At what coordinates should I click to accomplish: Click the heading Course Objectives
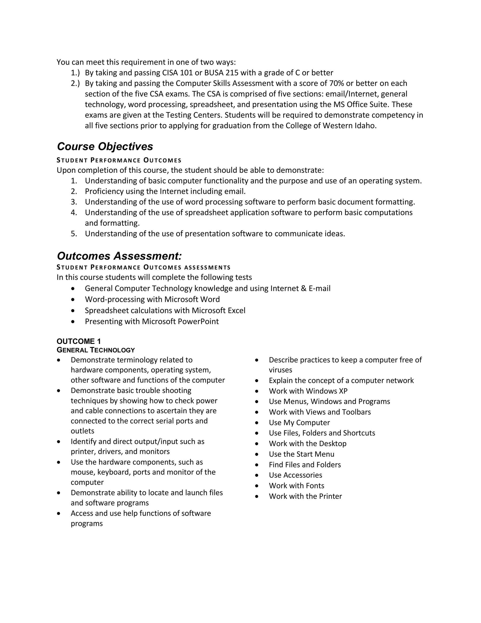point(105,147)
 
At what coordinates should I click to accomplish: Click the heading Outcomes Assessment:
point(119,256)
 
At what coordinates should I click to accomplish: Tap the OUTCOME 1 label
point(79,341)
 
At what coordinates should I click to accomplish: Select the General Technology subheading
point(96,350)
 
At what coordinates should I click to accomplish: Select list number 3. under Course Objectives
point(74,202)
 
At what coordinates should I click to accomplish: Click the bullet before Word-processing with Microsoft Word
point(74,300)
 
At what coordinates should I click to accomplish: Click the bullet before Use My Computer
point(257,423)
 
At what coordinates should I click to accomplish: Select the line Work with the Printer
point(305,496)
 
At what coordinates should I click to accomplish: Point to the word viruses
point(280,370)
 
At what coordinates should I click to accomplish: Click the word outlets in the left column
point(82,431)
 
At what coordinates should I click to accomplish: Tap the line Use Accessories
point(295,475)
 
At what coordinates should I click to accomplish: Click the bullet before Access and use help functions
point(59,513)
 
